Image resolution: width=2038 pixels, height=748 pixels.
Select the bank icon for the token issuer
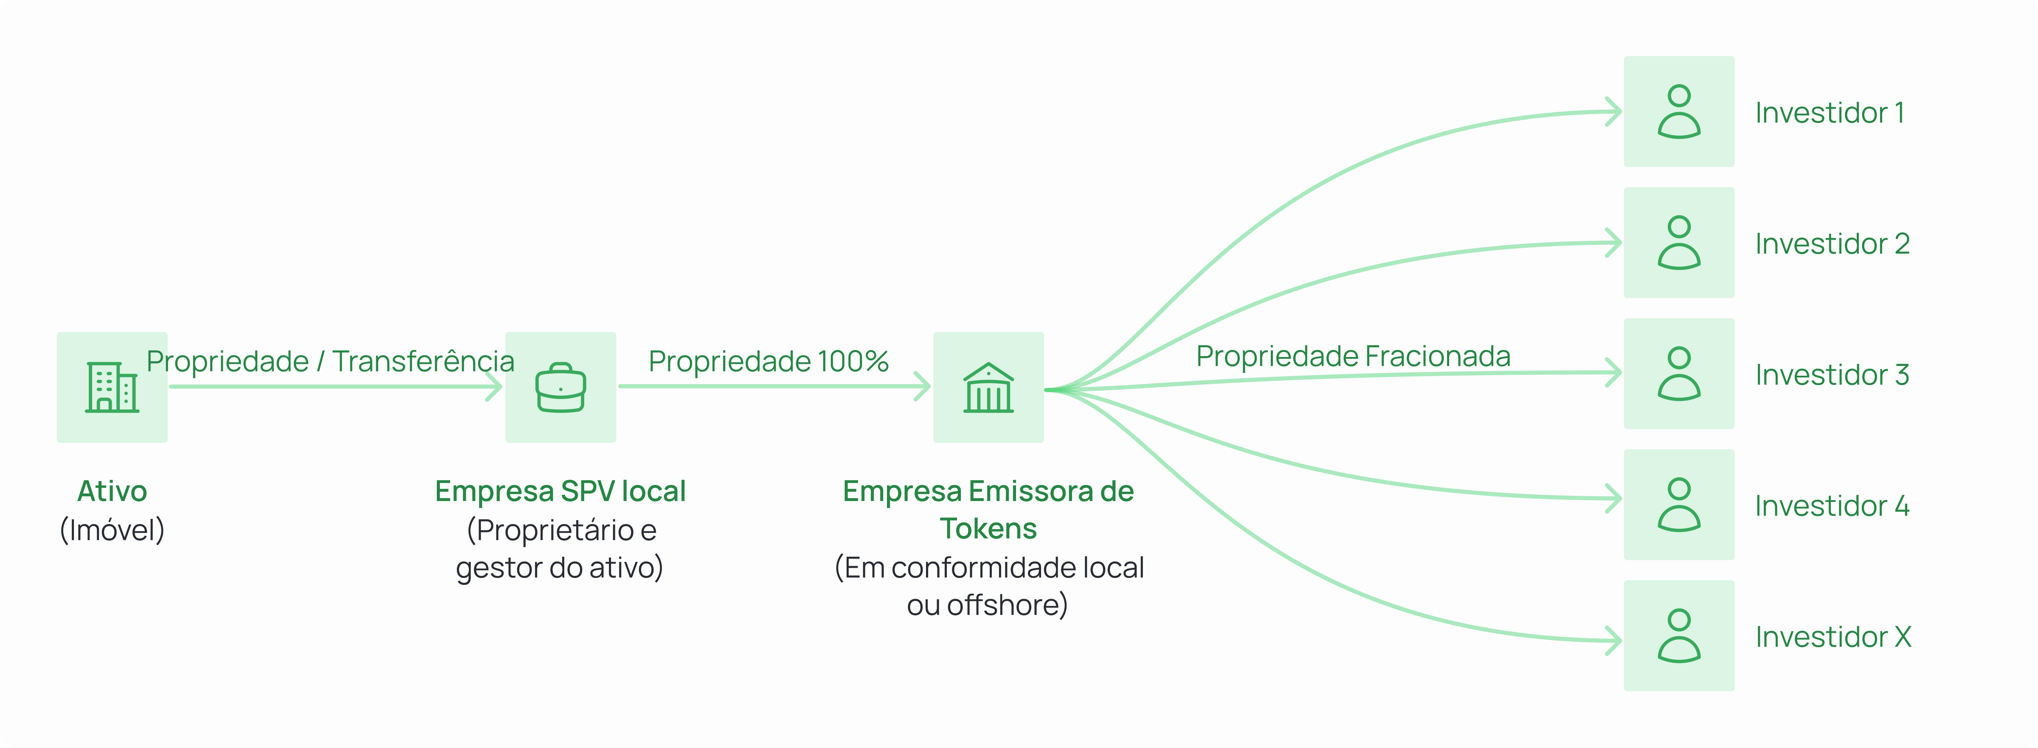tap(988, 387)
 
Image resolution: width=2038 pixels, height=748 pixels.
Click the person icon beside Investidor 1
tap(1679, 112)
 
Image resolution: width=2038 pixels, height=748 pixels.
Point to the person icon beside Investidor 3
tap(1679, 374)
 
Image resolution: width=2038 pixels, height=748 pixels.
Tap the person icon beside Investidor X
tap(1679, 636)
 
